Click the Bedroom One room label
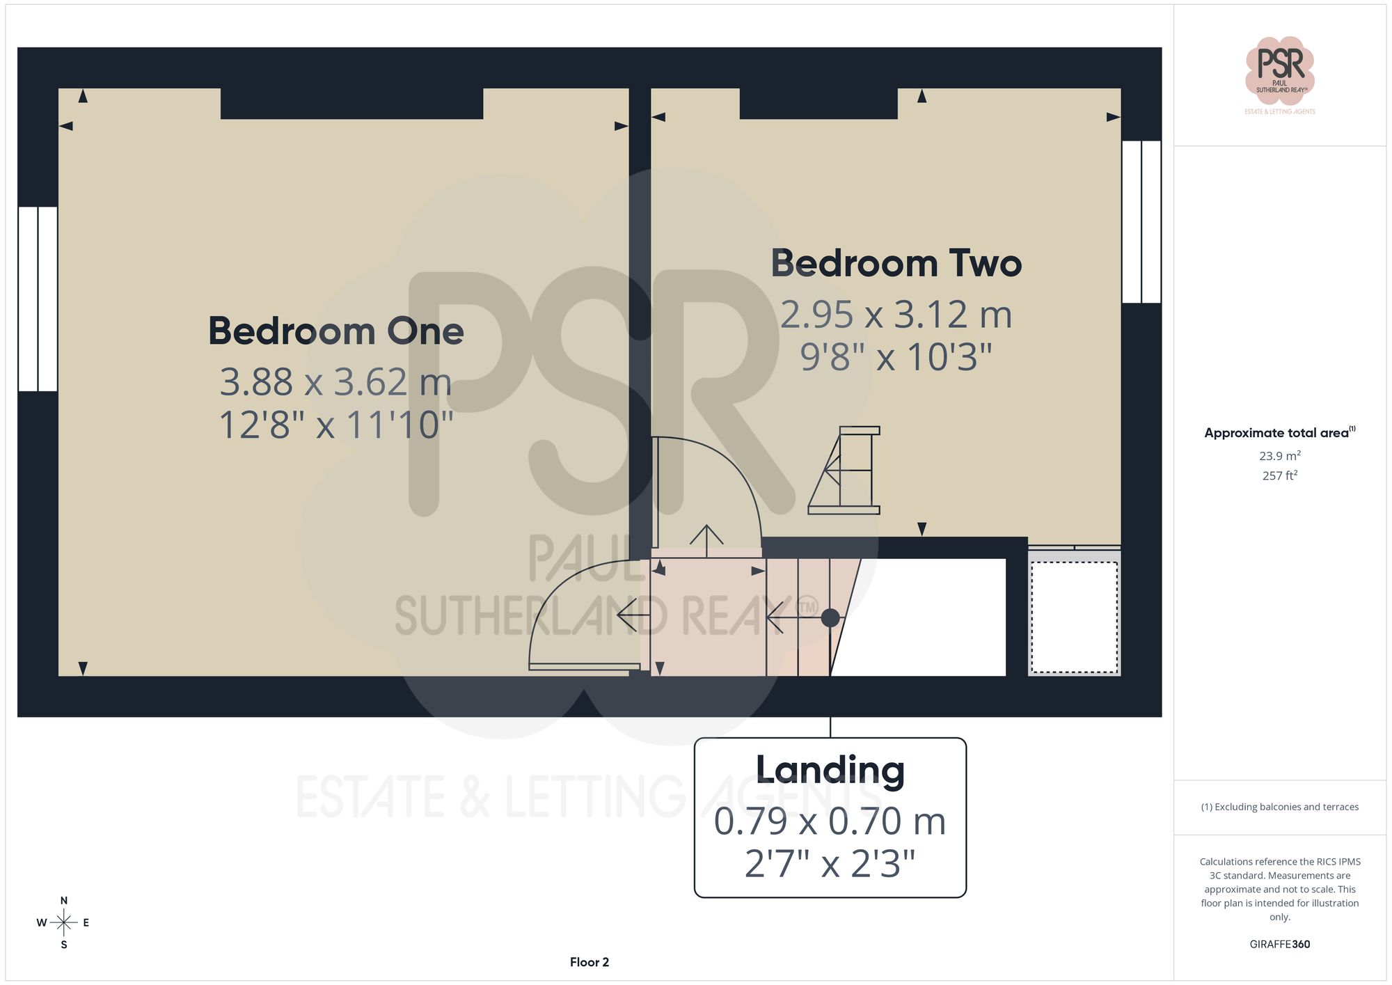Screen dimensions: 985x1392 click(336, 331)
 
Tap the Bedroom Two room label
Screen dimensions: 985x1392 click(896, 264)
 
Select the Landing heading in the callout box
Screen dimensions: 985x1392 click(830, 770)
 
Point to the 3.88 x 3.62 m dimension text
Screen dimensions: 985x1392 click(336, 381)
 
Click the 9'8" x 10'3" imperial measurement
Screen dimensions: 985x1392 click(896, 357)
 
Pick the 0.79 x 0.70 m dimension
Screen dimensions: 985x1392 click(830, 821)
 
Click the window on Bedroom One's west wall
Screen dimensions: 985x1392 click(38, 299)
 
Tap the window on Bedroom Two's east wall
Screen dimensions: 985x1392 click(1141, 221)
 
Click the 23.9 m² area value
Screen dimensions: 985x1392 click(1279, 456)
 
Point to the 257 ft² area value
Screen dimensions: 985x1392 click(1279, 475)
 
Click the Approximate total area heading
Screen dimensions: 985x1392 click(1279, 432)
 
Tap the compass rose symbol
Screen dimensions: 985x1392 click(64, 923)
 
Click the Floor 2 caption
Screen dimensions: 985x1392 click(589, 962)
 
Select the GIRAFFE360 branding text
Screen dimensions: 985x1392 click(1279, 944)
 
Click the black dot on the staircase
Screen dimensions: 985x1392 click(830, 617)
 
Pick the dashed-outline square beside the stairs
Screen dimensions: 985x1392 click(1074, 617)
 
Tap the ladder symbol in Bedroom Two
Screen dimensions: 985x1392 click(844, 471)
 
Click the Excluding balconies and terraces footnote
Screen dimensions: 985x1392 click(1279, 807)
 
